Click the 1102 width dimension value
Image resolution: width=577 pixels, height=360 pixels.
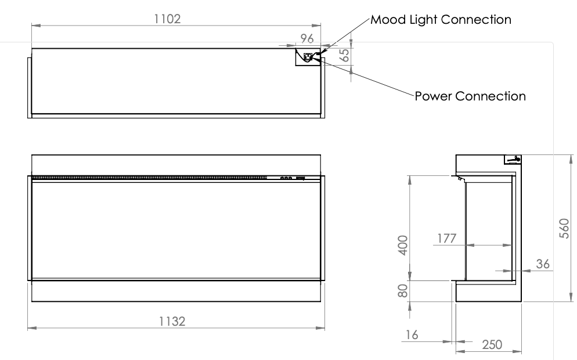pyautogui.click(x=167, y=19)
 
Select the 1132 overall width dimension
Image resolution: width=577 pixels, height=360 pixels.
pyautogui.click(x=172, y=321)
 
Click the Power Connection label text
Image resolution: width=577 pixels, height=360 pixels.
pyautogui.click(x=470, y=96)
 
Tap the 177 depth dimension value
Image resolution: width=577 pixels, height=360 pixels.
pyautogui.click(x=447, y=238)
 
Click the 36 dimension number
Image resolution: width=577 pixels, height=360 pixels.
pyautogui.click(x=543, y=264)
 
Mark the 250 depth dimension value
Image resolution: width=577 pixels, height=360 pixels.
pyautogui.click(x=492, y=344)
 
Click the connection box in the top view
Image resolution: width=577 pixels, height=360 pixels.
pyautogui.click(x=308, y=57)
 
